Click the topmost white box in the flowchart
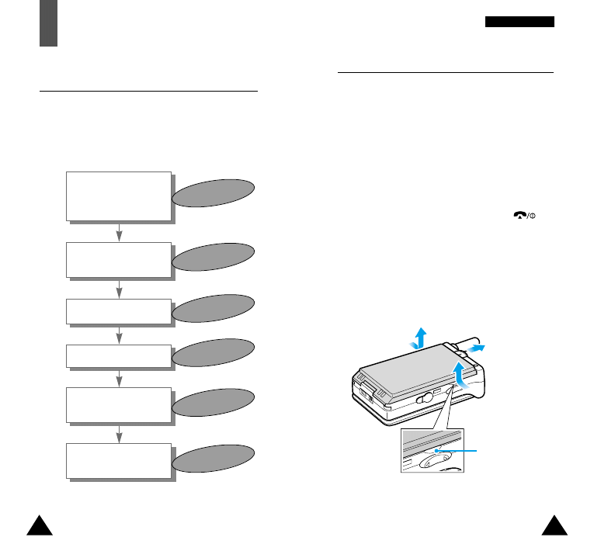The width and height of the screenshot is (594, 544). [118, 196]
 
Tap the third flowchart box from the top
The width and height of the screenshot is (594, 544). [118, 311]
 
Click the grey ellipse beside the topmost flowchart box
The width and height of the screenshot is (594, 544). [214, 193]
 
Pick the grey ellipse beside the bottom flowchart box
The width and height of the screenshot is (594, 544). [214, 458]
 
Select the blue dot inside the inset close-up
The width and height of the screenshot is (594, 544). [437, 449]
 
